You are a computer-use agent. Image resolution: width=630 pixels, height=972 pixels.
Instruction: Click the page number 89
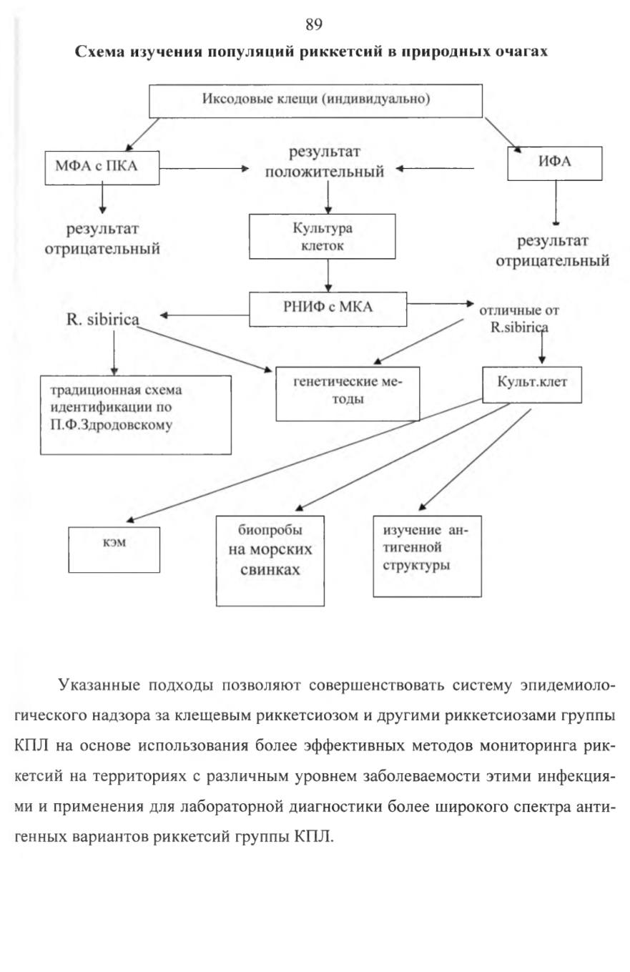point(314,24)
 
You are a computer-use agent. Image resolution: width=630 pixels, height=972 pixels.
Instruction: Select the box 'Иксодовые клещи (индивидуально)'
point(315,101)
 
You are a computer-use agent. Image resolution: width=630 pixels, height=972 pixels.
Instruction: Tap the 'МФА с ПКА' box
point(102,167)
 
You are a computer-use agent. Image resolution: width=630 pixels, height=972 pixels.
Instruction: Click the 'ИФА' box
point(554,163)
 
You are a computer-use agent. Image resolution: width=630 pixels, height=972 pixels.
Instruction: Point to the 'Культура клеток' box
point(322,237)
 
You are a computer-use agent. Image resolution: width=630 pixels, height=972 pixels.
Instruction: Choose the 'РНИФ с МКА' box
point(328,309)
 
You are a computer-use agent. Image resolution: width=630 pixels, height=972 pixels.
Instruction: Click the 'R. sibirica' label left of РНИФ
point(103,320)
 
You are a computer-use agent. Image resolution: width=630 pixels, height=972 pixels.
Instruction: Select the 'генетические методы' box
point(348,393)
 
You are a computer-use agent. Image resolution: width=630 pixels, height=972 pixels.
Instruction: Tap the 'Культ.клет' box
point(532,385)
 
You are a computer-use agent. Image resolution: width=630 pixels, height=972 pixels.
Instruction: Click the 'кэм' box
point(114,549)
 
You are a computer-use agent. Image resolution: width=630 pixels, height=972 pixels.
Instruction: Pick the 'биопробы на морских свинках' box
point(270,561)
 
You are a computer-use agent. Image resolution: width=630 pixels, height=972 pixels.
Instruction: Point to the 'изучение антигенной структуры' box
point(427,556)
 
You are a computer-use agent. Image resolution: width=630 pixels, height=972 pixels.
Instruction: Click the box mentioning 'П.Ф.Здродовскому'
point(135,415)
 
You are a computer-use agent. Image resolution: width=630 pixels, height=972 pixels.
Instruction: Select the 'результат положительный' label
point(325,162)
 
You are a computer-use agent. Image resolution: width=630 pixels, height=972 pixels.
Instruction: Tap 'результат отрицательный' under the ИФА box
point(552,251)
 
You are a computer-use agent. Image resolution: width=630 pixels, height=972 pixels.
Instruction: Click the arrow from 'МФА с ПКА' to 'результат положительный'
point(204,168)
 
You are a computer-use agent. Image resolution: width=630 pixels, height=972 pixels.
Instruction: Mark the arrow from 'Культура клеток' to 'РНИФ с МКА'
point(328,275)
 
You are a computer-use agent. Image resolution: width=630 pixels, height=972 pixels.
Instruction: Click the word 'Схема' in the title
point(100,51)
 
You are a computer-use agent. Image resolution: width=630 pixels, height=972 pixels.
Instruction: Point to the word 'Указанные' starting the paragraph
point(99,684)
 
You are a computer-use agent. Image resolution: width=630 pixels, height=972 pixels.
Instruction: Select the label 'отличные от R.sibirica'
point(519,318)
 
